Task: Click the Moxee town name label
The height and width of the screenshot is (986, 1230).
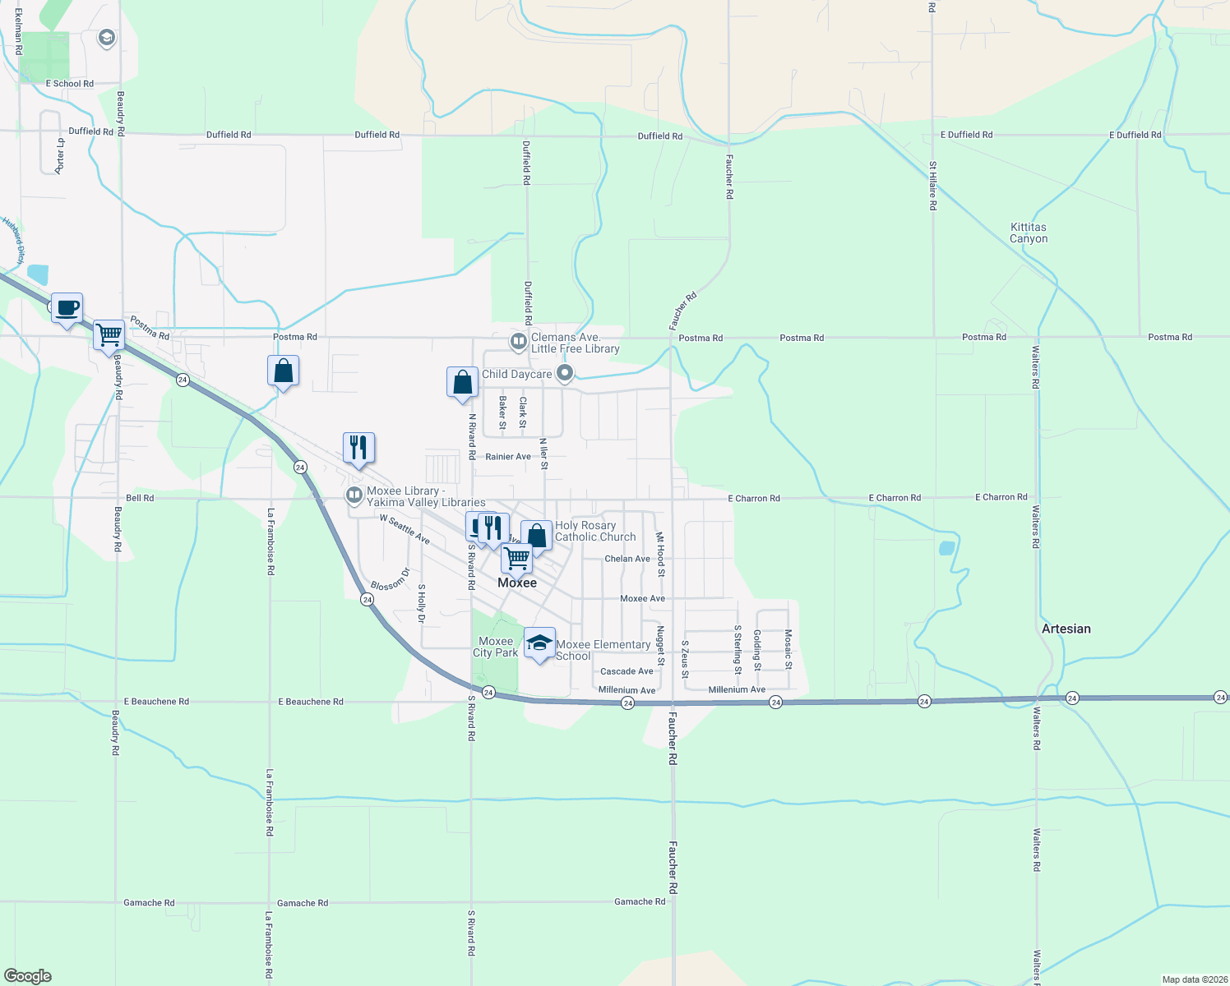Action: click(517, 583)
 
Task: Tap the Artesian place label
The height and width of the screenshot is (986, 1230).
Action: click(1066, 629)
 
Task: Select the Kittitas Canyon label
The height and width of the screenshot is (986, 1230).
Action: click(1029, 233)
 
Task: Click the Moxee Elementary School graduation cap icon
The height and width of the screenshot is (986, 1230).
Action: click(539, 643)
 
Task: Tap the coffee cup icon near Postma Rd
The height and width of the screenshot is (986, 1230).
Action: click(67, 308)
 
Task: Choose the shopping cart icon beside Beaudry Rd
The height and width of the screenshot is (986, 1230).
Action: click(109, 334)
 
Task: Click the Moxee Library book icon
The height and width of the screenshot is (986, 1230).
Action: click(354, 495)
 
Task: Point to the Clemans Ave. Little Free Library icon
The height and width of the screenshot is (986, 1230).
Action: click(518, 341)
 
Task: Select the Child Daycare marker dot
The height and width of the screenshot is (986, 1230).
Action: click(565, 374)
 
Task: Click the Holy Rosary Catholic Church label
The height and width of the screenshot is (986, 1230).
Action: click(595, 531)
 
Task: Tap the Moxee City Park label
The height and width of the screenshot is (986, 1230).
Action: click(495, 647)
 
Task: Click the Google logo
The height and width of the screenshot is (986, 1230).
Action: click(28, 976)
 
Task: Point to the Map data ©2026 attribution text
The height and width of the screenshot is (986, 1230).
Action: click(1192, 979)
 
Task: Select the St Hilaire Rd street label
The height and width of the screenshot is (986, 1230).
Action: click(933, 186)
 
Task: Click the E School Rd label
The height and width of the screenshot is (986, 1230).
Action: click(70, 84)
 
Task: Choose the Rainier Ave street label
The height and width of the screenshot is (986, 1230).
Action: click(508, 457)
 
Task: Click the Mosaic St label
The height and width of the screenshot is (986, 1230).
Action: click(788, 649)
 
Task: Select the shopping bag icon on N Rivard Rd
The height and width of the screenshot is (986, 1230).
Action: click(462, 382)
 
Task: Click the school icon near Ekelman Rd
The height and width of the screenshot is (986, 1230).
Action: click(106, 38)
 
